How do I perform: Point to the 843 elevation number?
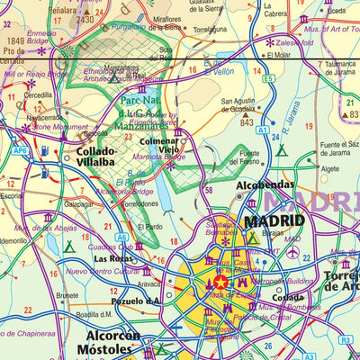click(247, 122)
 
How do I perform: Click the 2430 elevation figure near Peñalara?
click(85, 19)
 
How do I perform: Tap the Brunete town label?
click(67, 294)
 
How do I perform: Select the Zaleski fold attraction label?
click(296, 41)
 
